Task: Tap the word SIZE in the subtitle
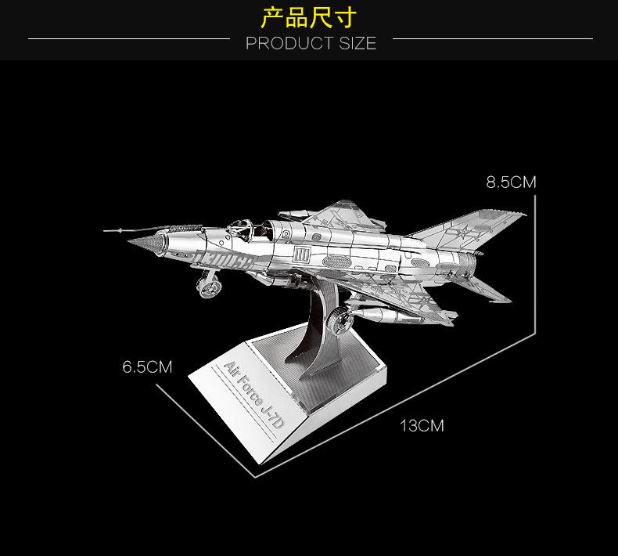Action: pyautogui.click(x=358, y=43)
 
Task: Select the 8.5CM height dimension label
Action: pyautogui.click(x=511, y=182)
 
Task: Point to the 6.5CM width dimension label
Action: pyautogui.click(x=146, y=366)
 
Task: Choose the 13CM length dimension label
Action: pyautogui.click(x=422, y=426)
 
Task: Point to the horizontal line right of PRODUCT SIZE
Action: pyautogui.click(x=492, y=38)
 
